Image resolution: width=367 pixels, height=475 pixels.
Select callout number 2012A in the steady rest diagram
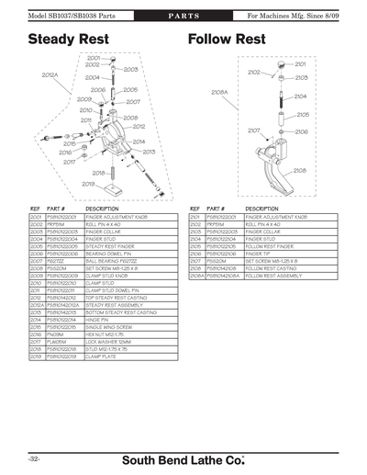pyautogui.click(x=50, y=76)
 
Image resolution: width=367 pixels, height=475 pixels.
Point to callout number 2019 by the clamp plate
pyautogui.click(x=88, y=184)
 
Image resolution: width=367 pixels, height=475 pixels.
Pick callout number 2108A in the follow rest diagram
pyautogui.click(x=219, y=92)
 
